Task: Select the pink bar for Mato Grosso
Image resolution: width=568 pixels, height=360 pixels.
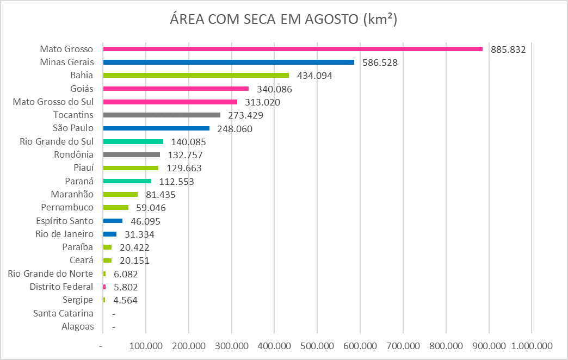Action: click(x=293, y=49)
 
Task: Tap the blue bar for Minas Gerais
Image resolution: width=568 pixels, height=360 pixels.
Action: click(x=229, y=62)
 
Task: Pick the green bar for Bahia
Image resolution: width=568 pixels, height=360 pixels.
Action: click(x=196, y=75)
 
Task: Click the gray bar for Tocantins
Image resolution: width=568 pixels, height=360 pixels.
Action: click(x=162, y=115)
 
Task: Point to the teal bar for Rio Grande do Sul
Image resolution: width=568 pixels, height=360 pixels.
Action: click(x=133, y=141)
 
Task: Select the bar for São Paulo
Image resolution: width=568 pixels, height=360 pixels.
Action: click(x=156, y=128)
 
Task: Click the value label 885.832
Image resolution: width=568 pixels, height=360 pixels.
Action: click(x=508, y=49)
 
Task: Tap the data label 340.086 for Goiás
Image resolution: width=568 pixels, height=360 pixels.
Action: click(x=273, y=89)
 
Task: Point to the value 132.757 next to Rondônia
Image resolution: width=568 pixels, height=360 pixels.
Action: click(x=184, y=155)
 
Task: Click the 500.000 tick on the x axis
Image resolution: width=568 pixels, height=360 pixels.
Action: click(x=317, y=346)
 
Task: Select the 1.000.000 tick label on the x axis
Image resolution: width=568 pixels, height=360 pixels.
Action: click(x=532, y=346)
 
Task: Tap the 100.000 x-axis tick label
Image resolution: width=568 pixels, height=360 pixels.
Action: click(x=145, y=346)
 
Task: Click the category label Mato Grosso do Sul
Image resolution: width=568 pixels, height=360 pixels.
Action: click(x=53, y=102)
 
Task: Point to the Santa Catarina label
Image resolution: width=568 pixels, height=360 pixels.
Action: click(x=63, y=313)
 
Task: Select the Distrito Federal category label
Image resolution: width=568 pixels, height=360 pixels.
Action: click(x=61, y=287)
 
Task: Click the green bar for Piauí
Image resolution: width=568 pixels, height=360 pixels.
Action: click(x=131, y=168)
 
